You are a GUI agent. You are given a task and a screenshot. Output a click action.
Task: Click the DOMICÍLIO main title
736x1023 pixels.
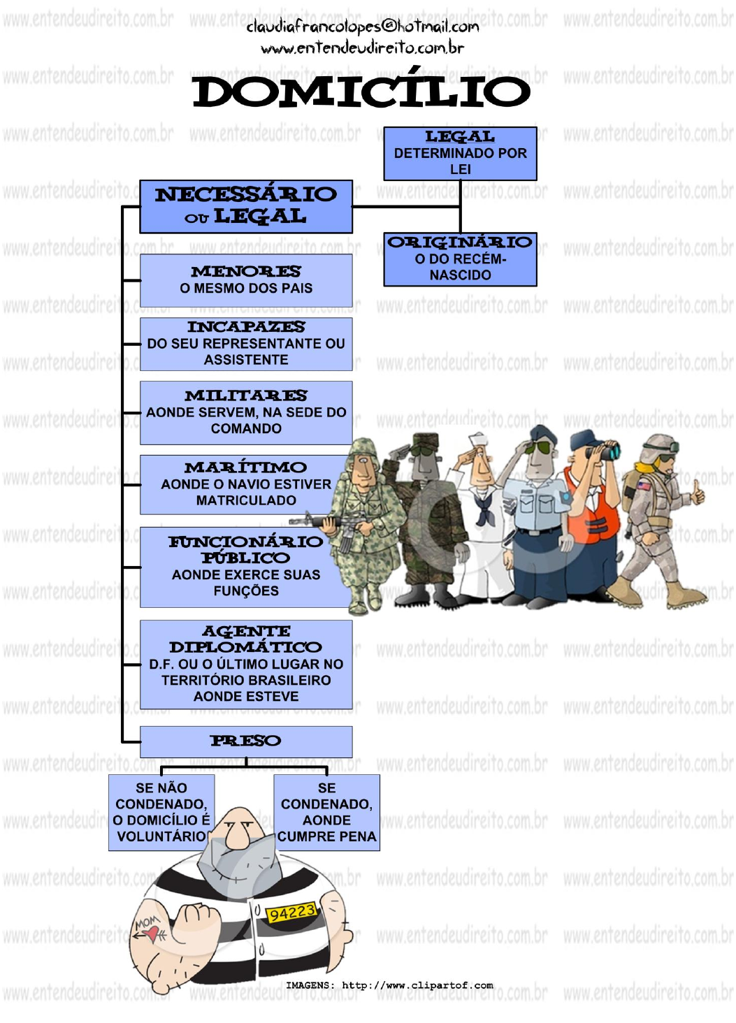pyautogui.click(x=361, y=91)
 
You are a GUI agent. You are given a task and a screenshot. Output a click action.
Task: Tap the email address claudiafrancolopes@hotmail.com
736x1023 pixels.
pyautogui.click(x=362, y=27)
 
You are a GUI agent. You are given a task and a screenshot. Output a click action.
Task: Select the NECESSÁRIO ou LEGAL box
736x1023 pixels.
pyautogui.click(x=246, y=206)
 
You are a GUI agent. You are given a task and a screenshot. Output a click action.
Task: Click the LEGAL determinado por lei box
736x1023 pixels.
pyautogui.click(x=460, y=153)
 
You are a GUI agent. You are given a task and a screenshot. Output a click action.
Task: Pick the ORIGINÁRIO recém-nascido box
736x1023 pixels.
pyautogui.click(x=460, y=259)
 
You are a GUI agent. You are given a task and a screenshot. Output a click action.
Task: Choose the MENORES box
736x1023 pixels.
pyautogui.click(x=246, y=280)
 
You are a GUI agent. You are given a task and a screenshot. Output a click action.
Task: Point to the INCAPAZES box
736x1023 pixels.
pyautogui.click(x=246, y=344)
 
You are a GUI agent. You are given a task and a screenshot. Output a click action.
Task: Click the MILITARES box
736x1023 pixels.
pyautogui.click(x=246, y=412)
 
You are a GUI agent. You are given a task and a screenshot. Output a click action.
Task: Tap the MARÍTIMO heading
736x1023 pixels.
pyautogui.click(x=246, y=467)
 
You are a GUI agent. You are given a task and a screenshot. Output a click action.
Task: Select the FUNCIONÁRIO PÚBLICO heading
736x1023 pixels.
pyautogui.click(x=246, y=549)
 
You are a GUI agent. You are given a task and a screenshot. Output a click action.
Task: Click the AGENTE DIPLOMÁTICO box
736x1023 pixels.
pyautogui.click(x=246, y=664)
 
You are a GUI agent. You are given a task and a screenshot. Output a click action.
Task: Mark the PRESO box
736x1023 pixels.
pyautogui.click(x=246, y=741)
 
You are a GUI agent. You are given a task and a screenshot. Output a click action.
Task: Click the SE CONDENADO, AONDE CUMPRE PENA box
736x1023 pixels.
pyautogui.click(x=326, y=812)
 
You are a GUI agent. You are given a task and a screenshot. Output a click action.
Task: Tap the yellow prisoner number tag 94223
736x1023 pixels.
pyautogui.click(x=292, y=913)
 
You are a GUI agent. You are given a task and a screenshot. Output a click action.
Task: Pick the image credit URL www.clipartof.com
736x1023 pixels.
pyautogui.click(x=417, y=985)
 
